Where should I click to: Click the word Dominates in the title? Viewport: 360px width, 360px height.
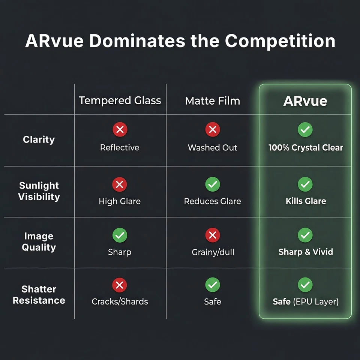pyautogui.click(x=137, y=41)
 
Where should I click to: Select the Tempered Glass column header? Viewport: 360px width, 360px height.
pyautogui.click(x=120, y=100)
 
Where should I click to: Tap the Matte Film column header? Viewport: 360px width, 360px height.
pyautogui.click(x=213, y=100)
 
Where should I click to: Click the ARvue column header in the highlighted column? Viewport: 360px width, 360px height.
pyautogui.click(x=305, y=101)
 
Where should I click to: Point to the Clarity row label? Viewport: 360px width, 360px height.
pyautogui.click(x=39, y=139)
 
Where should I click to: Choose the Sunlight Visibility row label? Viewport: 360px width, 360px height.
pyautogui.click(x=39, y=191)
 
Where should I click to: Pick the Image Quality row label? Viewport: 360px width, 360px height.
pyautogui.click(x=39, y=242)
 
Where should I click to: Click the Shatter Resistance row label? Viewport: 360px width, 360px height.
pyautogui.click(x=39, y=295)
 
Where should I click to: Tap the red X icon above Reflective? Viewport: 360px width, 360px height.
pyautogui.click(x=120, y=129)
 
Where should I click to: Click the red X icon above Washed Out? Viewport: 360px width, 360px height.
pyautogui.click(x=213, y=129)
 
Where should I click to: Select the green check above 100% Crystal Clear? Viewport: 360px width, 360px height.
pyautogui.click(x=305, y=129)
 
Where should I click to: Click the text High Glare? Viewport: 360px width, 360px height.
pyautogui.click(x=120, y=201)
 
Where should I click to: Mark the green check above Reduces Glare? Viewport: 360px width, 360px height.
pyautogui.click(x=213, y=184)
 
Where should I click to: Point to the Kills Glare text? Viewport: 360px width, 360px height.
pyautogui.click(x=306, y=201)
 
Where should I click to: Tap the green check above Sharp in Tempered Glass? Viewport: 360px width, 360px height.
pyautogui.click(x=120, y=235)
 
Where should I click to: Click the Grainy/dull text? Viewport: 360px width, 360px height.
pyautogui.click(x=213, y=252)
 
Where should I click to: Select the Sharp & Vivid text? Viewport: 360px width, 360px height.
pyautogui.click(x=306, y=252)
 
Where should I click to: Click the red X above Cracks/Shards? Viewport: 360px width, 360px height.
pyautogui.click(x=120, y=285)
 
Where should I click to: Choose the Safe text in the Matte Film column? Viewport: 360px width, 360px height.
pyautogui.click(x=213, y=301)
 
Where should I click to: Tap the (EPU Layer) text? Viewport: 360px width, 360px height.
pyautogui.click(x=316, y=301)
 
